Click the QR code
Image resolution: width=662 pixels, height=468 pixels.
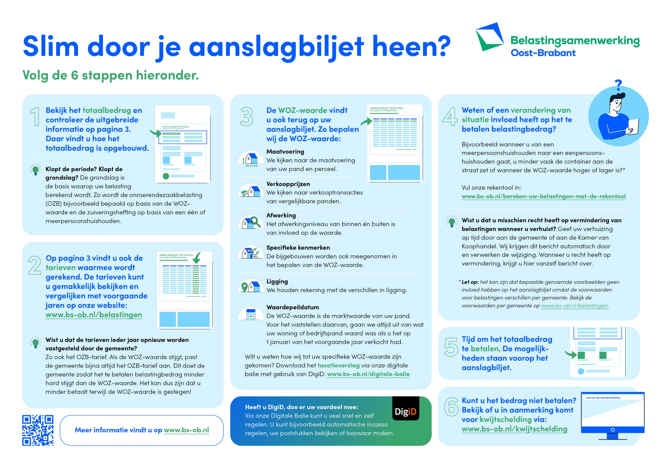click(38, 430)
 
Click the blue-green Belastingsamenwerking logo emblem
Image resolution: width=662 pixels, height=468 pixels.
click(489, 37)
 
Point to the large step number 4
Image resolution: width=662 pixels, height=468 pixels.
click(450, 116)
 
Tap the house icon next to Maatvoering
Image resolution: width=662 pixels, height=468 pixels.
click(251, 158)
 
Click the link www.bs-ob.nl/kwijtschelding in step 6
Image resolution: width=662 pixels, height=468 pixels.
click(514, 429)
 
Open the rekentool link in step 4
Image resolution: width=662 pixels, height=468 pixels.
click(544, 196)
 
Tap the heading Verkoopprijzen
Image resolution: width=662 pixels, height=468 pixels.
click(288, 184)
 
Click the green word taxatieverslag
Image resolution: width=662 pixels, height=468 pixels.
click(338, 365)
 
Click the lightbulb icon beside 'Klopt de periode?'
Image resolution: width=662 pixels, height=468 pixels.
click(35, 170)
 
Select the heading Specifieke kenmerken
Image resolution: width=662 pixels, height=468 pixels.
click(298, 247)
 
